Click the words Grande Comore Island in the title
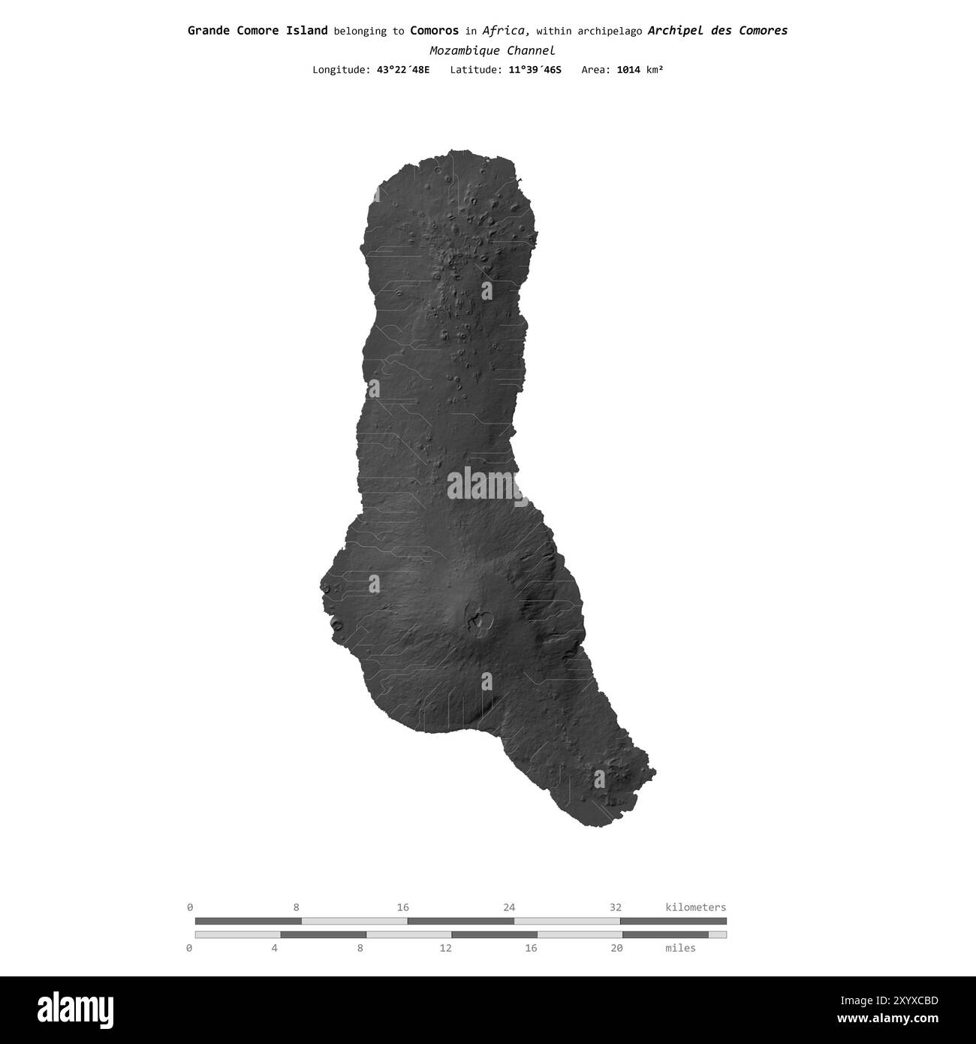257,31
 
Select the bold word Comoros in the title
434,31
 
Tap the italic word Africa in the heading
506,31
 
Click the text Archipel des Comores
717,31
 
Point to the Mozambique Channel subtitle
492,51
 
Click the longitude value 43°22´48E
403,70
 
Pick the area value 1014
628,70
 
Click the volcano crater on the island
477,620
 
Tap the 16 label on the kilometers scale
403,907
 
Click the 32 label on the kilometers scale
616,907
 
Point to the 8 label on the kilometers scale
297,907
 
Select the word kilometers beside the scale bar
695,907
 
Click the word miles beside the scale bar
680,948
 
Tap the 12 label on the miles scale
445,948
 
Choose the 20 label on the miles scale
616,948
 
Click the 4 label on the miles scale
275,948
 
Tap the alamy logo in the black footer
77,1009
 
